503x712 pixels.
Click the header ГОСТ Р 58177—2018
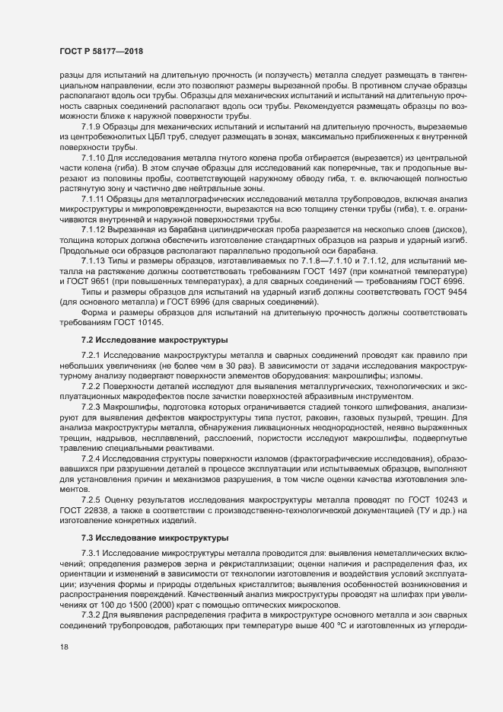pos(101,51)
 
